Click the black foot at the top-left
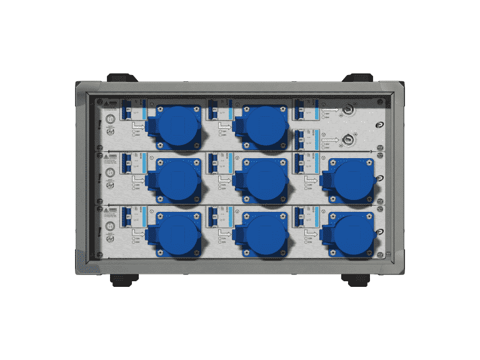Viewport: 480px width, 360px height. point(122,78)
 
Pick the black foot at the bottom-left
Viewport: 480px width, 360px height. point(122,279)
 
